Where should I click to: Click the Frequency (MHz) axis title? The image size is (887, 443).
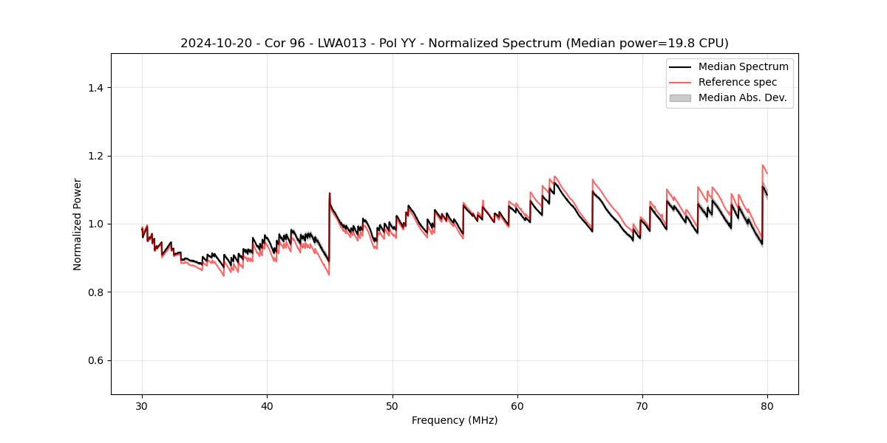point(455,420)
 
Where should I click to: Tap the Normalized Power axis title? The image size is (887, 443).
point(78,224)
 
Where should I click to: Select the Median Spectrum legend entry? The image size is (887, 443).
point(743,66)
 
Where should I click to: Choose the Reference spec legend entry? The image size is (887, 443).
point(737,82)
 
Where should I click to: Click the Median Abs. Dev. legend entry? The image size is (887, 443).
point(742,97)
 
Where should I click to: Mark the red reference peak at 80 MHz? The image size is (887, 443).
point(763,165)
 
